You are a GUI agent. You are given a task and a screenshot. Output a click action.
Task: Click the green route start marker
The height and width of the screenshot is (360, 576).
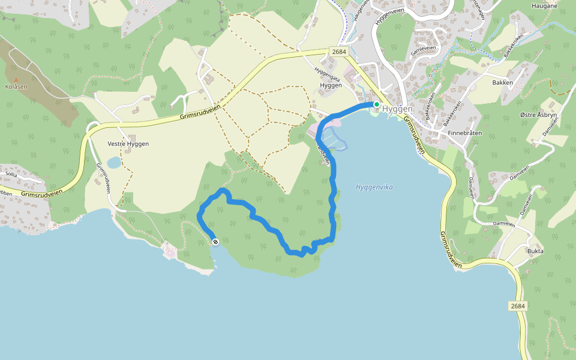[376, 104]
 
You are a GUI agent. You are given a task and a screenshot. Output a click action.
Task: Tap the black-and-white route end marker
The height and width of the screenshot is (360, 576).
[215, 242]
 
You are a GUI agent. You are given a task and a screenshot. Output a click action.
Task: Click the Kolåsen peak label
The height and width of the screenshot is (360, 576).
[16, 86]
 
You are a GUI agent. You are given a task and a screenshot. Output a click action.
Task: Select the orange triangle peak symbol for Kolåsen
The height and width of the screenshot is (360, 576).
[16, 79]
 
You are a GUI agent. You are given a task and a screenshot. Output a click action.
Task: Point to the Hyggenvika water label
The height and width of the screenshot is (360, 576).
[374, 187]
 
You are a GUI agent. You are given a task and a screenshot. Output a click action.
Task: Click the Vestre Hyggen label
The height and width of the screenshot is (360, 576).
[128, 144]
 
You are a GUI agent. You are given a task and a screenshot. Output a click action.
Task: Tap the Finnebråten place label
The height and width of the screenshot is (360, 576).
[465, 133]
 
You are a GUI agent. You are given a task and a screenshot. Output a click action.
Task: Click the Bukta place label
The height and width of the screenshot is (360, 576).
[535, 251]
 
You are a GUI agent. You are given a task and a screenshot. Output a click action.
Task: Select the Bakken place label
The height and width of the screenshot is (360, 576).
[502, 82]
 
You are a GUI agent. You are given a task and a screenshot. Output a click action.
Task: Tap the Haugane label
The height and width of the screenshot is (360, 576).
[545, 5]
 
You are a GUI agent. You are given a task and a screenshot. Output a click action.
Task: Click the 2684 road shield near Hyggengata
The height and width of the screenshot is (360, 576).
[338, 52]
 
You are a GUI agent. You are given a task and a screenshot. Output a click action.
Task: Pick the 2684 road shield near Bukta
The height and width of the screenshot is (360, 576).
[518, 306]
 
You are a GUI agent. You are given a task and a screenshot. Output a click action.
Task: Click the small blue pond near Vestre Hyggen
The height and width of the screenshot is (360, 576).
[114, 163]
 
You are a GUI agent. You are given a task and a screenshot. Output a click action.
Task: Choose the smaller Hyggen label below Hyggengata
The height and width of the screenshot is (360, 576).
[331, 85]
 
